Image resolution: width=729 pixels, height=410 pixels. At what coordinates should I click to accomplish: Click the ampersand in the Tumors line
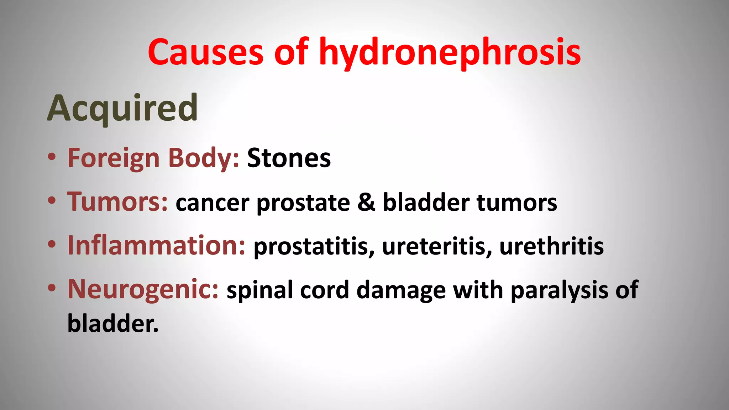(x=366, y=203)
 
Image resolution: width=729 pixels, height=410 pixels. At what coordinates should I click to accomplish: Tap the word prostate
(x=303, y=203)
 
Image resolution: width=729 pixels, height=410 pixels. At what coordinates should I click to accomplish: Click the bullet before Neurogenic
(x=52, y=288)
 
